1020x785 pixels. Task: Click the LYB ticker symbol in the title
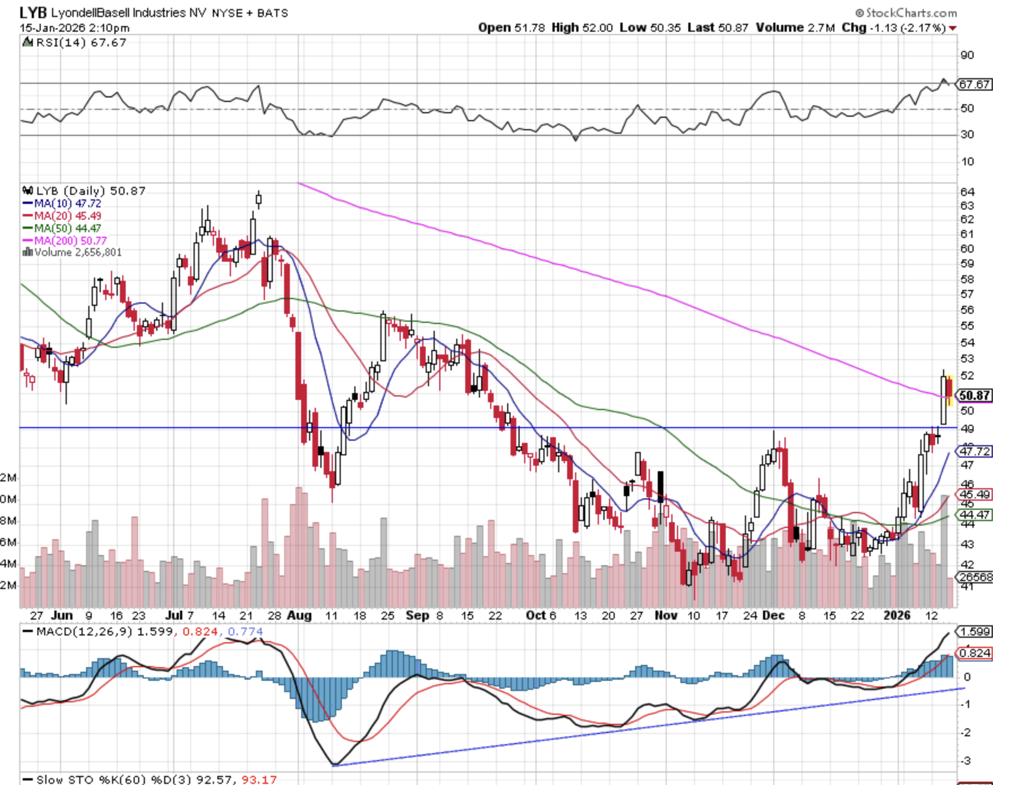(33, 12)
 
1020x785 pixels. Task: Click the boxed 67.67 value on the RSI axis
(974, 84)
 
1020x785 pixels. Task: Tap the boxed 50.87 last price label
(975, 395)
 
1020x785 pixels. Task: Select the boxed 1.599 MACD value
(975, 632)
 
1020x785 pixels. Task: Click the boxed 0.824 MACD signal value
(975, 653)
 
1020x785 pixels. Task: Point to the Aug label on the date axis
(299, 616)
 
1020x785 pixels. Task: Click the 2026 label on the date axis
(897, 616)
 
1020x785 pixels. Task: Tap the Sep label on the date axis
(417, 616)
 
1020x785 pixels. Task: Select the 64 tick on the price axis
(967, 192)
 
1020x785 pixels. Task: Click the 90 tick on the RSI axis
(967, 56)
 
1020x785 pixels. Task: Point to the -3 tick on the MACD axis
(966, 761)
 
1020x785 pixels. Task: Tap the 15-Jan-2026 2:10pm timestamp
(75, 28)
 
